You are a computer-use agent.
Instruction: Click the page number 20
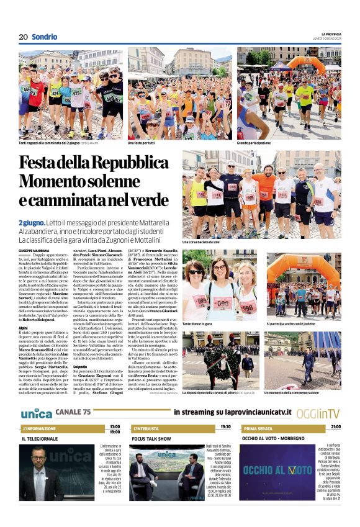pyautogui.click(x=23, y=37)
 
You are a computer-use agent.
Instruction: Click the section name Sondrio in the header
pyautogui.click(x=44, y=37)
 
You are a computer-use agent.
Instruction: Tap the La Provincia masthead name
pyautogui.click(x=331, y=34)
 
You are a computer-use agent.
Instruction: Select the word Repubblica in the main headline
pyautogui.click(x=125, y=163)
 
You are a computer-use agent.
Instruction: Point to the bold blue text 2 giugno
pyautogui.click(x=30, y=222)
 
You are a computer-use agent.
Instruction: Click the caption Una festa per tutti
pyautogui.click(x=141, y=143)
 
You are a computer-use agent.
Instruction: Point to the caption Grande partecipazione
pyautogui.click(x=253, y=143)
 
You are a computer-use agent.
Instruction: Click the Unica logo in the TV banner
pyautogui.click(x=36, y=413)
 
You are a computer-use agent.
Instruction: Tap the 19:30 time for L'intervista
pyautogui.click(x=225, y=427)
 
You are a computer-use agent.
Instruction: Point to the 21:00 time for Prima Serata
pyautogui.click(x=335, y=427)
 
